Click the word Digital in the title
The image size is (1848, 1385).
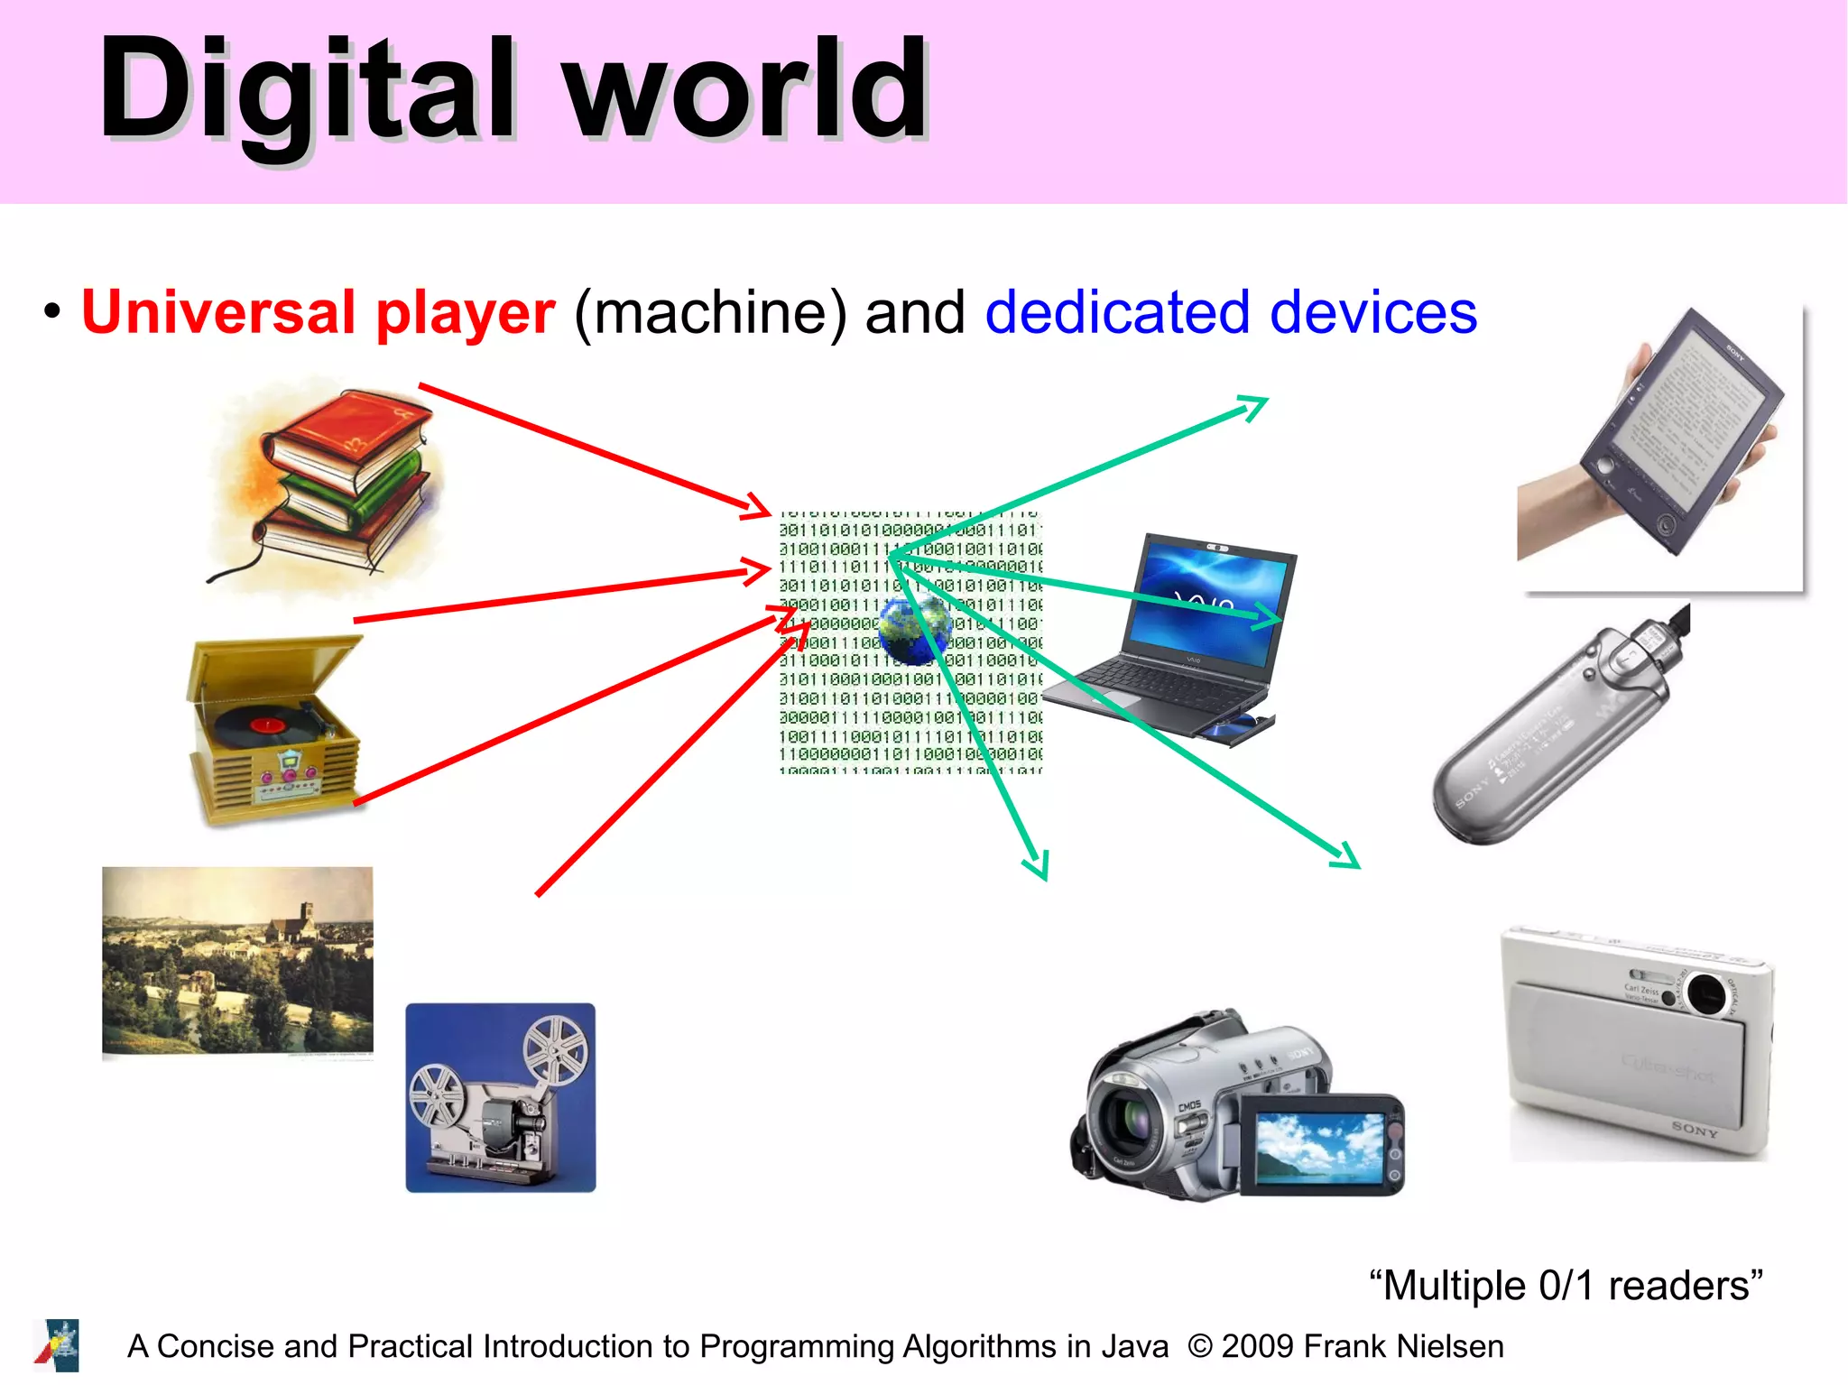coord(307,90)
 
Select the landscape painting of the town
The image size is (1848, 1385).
coord(237,960)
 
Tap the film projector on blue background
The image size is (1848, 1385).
coord(501,1097)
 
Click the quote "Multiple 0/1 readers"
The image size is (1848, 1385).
coord(1566,1285)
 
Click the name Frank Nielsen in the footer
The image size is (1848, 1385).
coord(1403,1346)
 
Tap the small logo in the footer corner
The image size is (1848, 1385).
coord(58,1345)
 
